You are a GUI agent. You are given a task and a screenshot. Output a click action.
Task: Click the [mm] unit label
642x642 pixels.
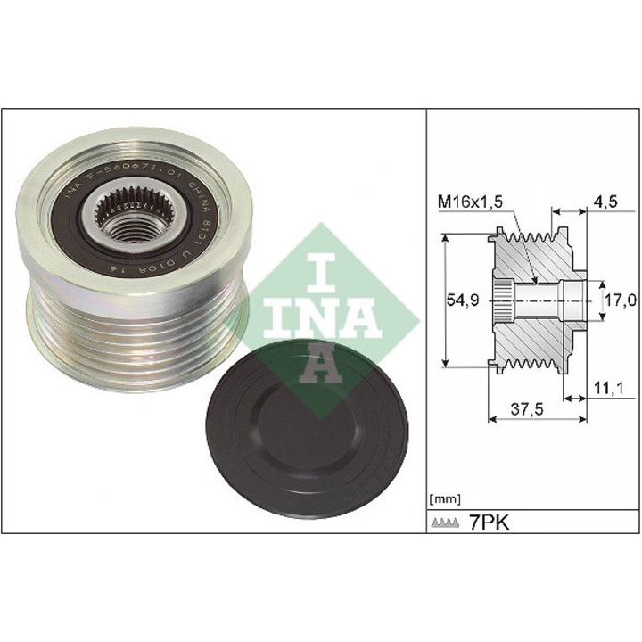click(444, 497)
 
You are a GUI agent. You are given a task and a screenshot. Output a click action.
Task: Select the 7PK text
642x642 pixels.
click(488, 521)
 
